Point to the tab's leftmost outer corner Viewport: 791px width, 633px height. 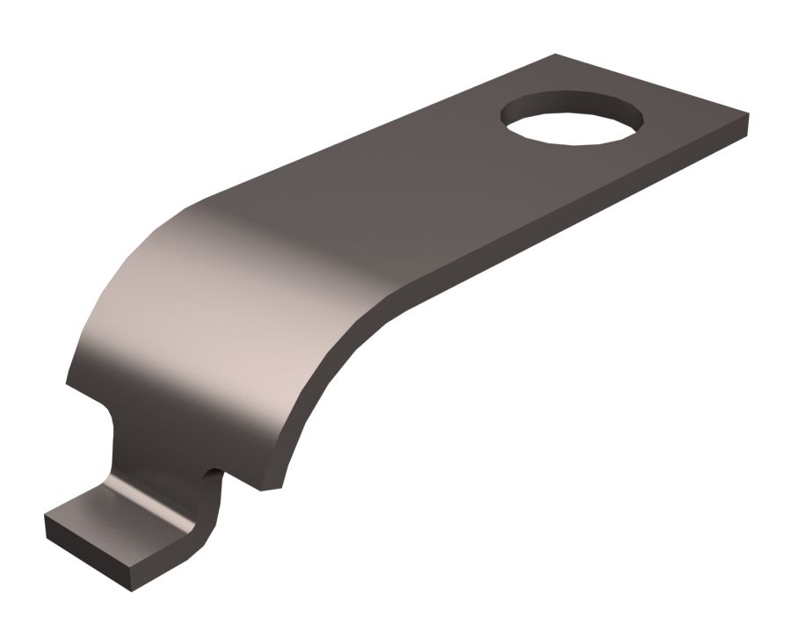46,519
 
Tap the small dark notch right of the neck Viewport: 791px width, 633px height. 212,476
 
